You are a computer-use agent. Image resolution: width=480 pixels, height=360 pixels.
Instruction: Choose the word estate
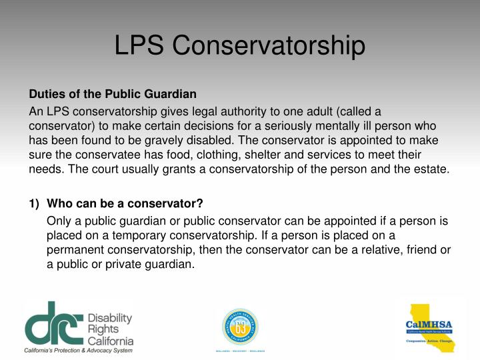(431, 169)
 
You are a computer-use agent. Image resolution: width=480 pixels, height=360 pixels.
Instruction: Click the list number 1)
(35, 203)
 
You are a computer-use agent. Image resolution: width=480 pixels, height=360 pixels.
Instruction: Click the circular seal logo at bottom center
(239, 326)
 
